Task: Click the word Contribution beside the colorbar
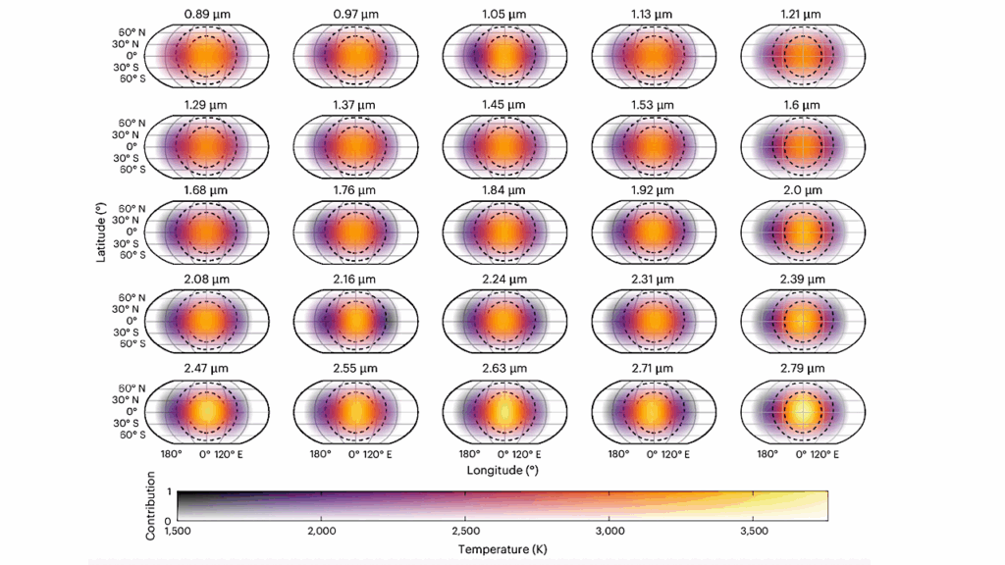click(151, 504)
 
